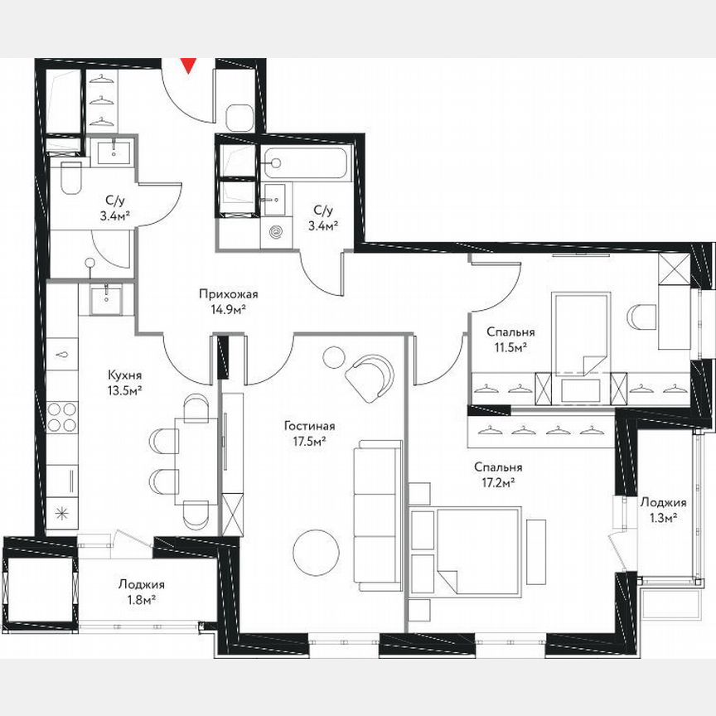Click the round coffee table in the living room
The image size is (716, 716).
(x=317, y=552)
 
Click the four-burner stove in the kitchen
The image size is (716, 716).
(x=61, y=417)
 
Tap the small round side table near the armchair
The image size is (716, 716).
(x=333, y=356)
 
